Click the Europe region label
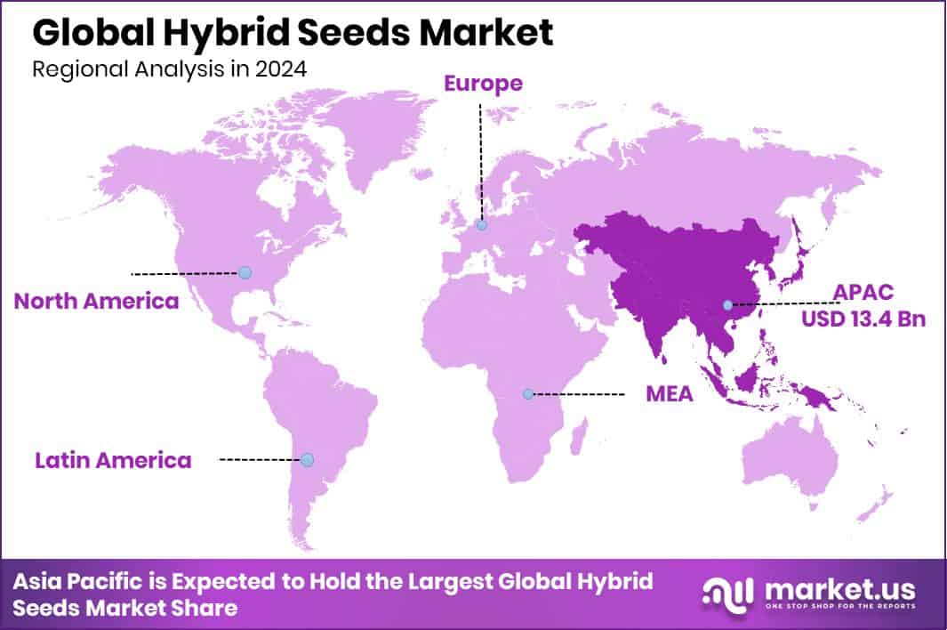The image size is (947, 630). [483, 85]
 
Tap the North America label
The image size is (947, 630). [96, 301]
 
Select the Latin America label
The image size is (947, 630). [113, 460]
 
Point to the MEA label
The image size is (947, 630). [669, 394]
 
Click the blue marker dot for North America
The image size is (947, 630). [245, 272]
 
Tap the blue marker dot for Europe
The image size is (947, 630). [482, 226]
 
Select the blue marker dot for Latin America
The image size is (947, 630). [307, 459]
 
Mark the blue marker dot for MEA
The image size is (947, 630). [528, 393]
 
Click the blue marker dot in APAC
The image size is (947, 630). [727, 305]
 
